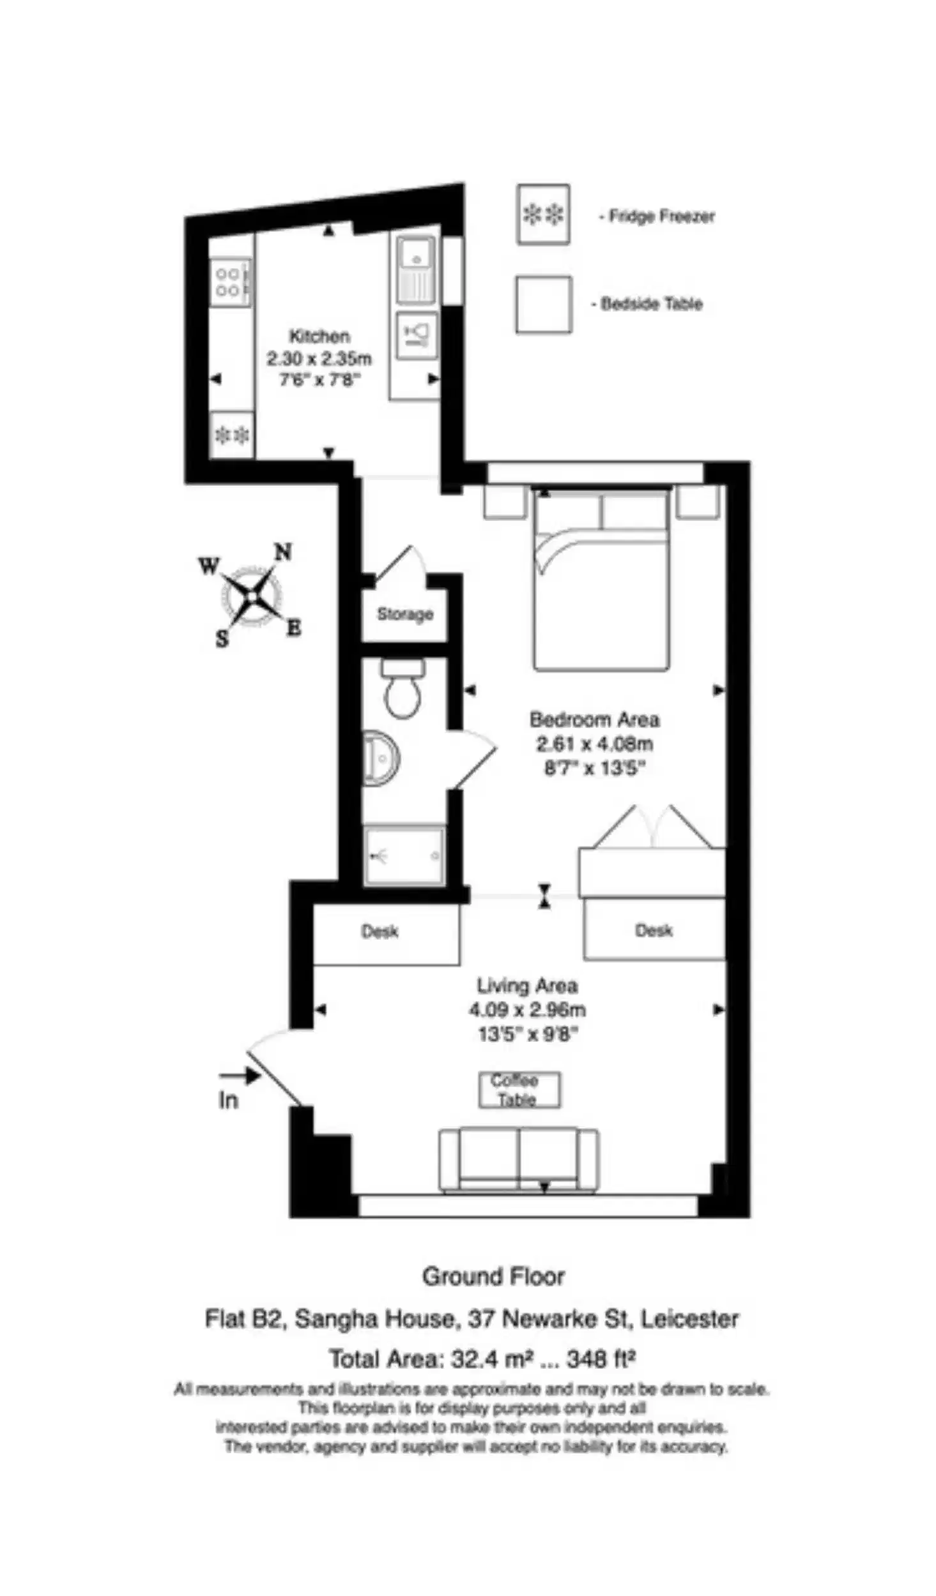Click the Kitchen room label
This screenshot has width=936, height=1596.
click(319, 336)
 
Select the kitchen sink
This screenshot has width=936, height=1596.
click(416, 269)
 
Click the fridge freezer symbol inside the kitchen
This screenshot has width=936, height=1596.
click(231, 435)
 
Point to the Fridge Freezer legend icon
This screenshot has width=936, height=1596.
click(543, 215)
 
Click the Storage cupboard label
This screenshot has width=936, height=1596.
click(404, 614)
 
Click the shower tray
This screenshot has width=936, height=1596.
click(404, 855)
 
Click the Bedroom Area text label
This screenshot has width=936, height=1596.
click(594, 720)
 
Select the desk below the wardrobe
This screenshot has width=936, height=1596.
click(654, 930)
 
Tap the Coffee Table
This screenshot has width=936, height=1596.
click(519, 1090)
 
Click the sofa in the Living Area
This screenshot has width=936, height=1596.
click(518, 1160)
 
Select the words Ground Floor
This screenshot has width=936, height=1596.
click(493, 1277)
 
